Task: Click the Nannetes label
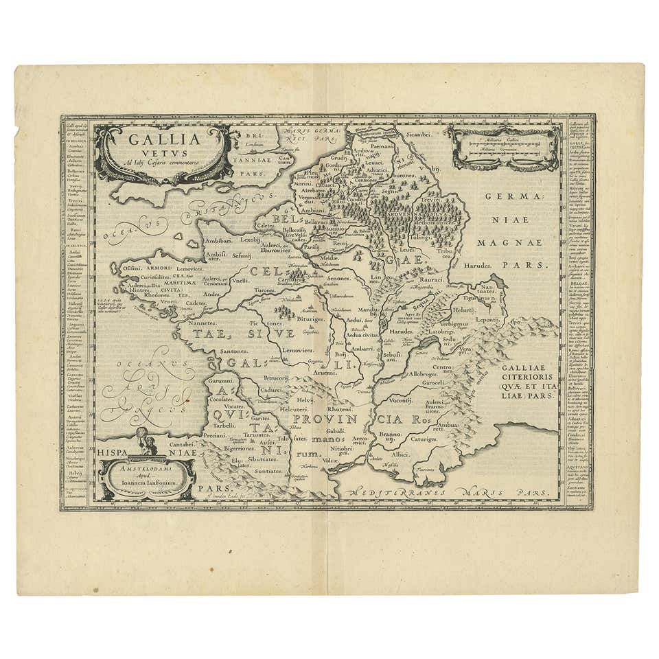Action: [203, 321]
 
